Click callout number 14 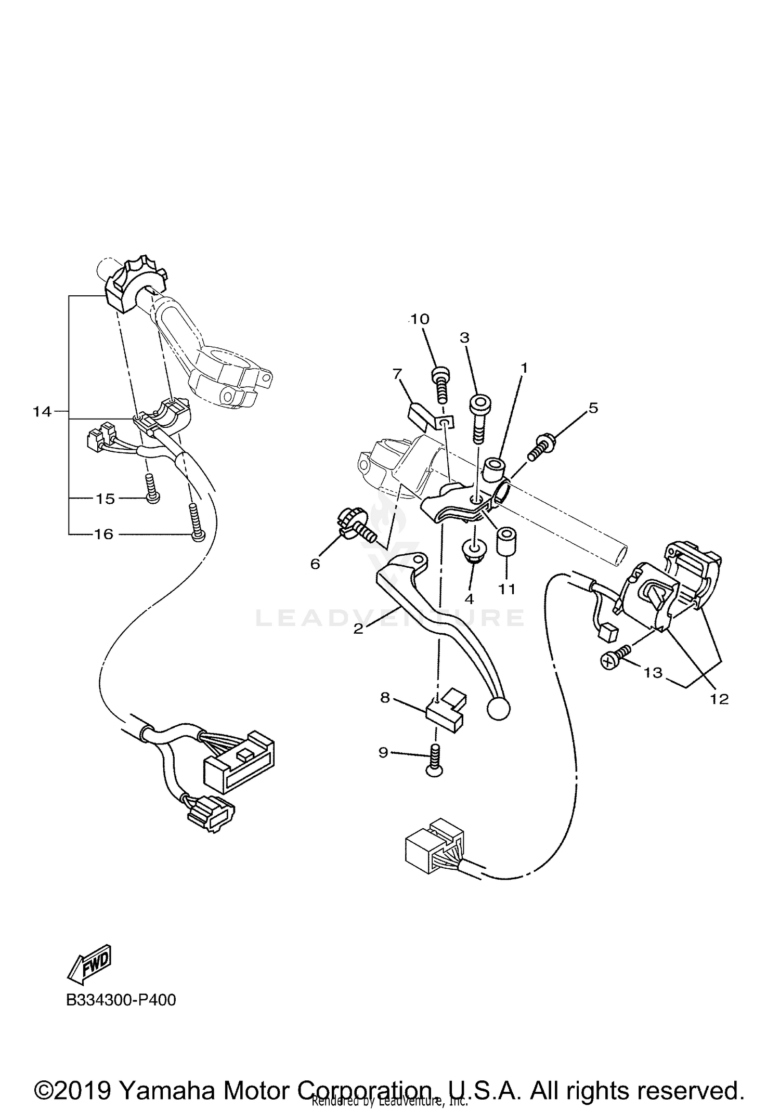coord(42,412)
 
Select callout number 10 coord(420,319)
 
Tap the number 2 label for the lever coord(358,629)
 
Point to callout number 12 coord(720,699)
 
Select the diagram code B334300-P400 coord(121,1000)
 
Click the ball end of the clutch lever coord(499,709)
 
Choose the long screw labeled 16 coord(197,524)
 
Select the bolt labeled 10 coord(440,383)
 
